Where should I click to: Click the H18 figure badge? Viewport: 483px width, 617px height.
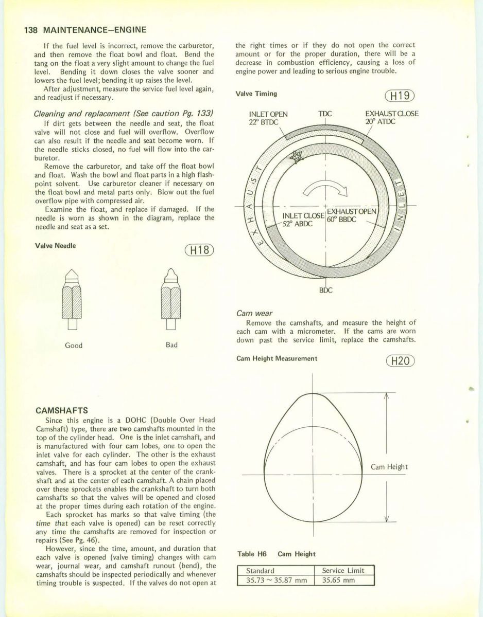click(x=199, y=250)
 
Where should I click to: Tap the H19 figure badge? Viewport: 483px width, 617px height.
click(x=400, y=96)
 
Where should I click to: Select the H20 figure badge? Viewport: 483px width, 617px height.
click(x=400, y=361)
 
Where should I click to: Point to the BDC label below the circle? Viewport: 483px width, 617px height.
click(x=326, y=289)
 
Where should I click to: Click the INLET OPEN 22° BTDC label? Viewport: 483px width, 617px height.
click(x=268, y=117)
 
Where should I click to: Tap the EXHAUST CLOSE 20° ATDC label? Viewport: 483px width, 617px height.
click(x=391, y=117)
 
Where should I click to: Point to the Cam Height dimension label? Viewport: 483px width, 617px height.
click(x=389, y=467)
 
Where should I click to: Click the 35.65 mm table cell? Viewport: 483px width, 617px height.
click(x=343, y=580)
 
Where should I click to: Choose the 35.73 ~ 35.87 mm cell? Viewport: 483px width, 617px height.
click(x=277, y=580)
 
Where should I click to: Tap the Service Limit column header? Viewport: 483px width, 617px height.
click(x=343, y=570)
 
